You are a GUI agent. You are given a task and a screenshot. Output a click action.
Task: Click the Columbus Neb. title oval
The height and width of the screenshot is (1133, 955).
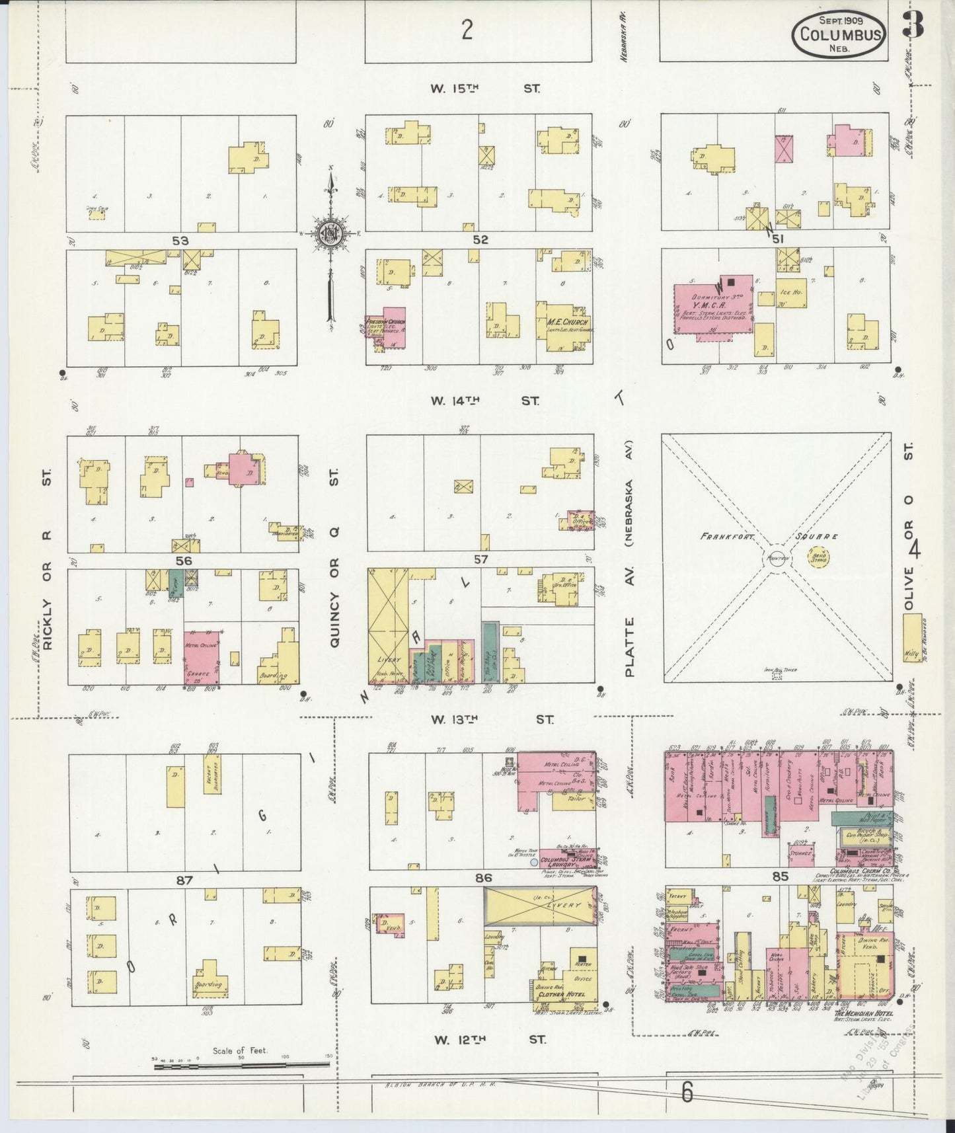[x=839, y=33]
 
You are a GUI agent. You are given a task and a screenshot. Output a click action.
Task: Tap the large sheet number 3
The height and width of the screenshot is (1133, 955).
[x=914, y=25]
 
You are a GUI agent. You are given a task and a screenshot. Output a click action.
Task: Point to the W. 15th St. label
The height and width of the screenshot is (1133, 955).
[x=485, y=88]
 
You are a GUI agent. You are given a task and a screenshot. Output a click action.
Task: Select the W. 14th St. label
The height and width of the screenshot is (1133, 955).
[x=485, y=401]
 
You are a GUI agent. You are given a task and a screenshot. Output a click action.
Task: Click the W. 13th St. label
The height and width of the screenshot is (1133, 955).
[x=492, y=719]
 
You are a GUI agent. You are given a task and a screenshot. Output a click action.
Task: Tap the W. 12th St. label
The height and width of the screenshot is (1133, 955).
[x=489, y=1040]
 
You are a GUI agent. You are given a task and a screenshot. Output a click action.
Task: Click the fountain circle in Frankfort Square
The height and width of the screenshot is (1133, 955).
[x=777, y=557]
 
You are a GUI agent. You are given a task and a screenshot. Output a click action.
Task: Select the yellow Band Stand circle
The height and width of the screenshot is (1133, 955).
[x=818, y=557]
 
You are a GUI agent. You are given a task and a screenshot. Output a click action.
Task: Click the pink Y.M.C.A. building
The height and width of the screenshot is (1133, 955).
[x=712, y=305]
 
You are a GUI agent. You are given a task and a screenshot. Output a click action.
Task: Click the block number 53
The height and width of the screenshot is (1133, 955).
[x=180, y=241]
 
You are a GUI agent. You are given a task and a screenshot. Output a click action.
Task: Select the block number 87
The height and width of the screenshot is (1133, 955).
[x=184, y=880]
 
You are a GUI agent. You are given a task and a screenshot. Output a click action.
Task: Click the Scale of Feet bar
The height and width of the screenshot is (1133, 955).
[x=241, y=1064]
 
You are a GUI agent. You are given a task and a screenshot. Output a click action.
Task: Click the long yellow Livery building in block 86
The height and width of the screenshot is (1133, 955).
[x=540, y=906]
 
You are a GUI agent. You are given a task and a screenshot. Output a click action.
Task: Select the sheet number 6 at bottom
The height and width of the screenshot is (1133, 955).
[x=687, y=1093]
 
